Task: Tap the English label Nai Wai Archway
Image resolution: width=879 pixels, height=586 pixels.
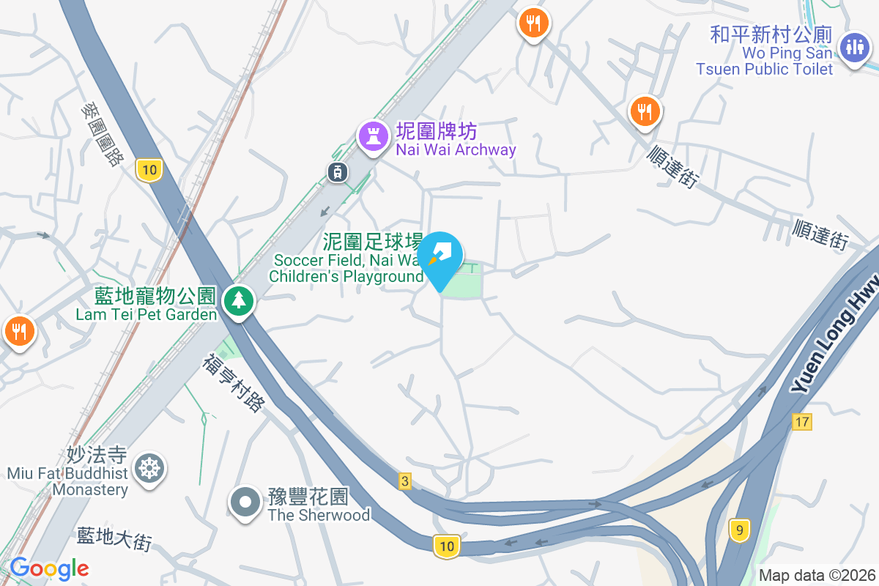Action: point(456,150)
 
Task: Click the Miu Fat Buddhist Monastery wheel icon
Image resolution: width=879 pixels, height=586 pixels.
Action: point(149,467)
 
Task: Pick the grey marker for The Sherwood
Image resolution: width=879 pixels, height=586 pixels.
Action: point(245,503)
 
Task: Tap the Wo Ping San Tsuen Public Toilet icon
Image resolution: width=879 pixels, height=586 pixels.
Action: point(854,46)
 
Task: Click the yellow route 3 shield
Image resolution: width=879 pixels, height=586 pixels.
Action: point(405,481)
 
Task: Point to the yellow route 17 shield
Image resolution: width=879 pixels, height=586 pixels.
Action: point(802,421)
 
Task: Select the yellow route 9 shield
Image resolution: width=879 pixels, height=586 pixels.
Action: point(740,530)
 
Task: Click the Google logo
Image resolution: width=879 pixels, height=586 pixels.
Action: point(49,568)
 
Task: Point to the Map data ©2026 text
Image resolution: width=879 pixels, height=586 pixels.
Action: point(817,575)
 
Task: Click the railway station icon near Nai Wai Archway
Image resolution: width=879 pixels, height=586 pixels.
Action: point(338,172)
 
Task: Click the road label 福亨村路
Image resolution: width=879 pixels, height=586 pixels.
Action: point(233,382)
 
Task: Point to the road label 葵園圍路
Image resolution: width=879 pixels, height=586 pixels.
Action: point(102,134)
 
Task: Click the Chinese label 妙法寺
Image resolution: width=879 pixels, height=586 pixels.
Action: point(97,455)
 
